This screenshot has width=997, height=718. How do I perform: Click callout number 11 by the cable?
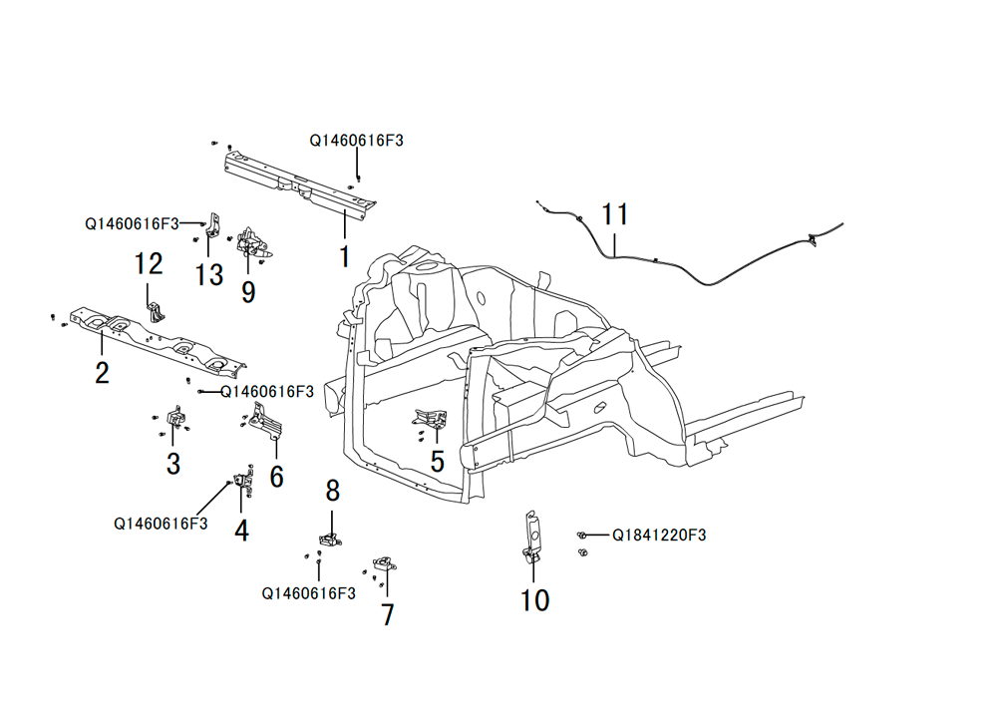[x=615, y=214]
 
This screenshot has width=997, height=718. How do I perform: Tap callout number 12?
[x=149, y=264]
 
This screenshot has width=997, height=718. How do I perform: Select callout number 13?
[x=209, y=275]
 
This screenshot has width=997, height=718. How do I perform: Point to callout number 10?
[x=534, y=600]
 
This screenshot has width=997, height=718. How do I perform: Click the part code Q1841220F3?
[x=659, y=535]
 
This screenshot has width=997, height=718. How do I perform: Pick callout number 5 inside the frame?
[x=438, y=462]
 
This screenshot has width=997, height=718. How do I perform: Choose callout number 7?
[x=387, y=615]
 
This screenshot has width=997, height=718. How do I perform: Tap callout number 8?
[x=333, y=491]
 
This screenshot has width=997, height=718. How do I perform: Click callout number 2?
[x=103, y=373]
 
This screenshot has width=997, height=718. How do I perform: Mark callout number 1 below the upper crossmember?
[x=344, y=256]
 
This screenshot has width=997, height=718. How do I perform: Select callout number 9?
[x=248, y=292]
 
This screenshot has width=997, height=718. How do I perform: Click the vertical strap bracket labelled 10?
[x=532, y=538]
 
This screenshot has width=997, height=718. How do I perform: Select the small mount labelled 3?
[x=174, y=418]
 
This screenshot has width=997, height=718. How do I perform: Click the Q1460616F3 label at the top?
[x=356, y=141]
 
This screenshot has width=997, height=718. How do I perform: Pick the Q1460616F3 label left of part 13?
[x=133, y=223]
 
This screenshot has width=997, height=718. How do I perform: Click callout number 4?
[x=241, y=531]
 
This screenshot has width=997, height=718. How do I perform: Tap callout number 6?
[x=276, y=477]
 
